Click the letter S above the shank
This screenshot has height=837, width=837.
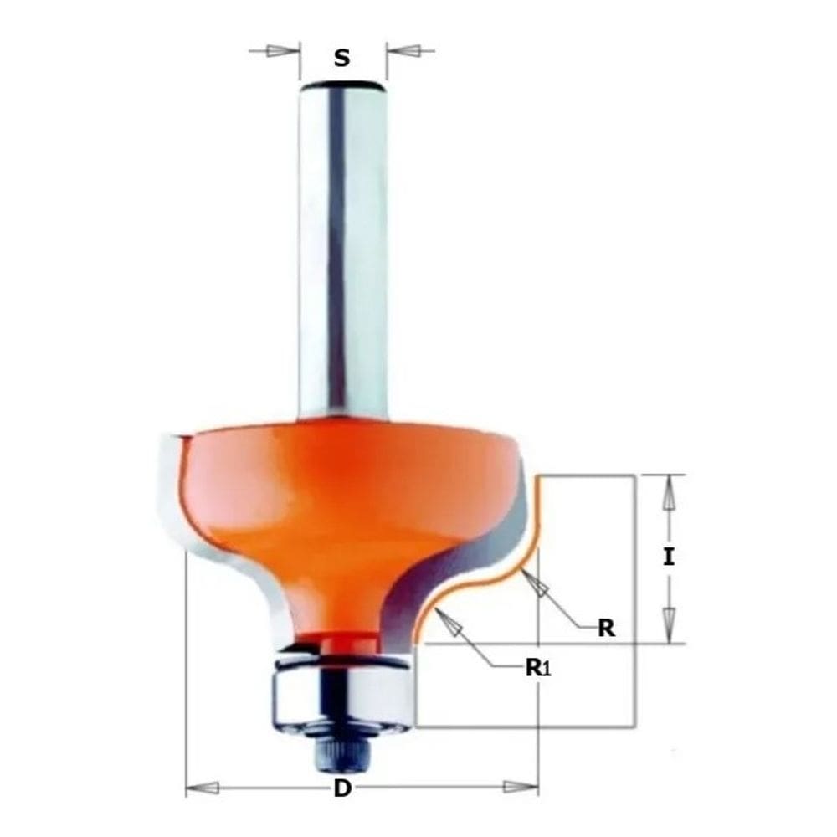[x=341, y=59]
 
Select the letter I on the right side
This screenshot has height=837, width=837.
[x=668, y=557]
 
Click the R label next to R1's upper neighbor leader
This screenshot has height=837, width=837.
[x=606, y=629]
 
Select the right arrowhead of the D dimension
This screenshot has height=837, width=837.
[x=520, y=788]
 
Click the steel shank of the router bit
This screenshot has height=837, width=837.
[x=341, y=251]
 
